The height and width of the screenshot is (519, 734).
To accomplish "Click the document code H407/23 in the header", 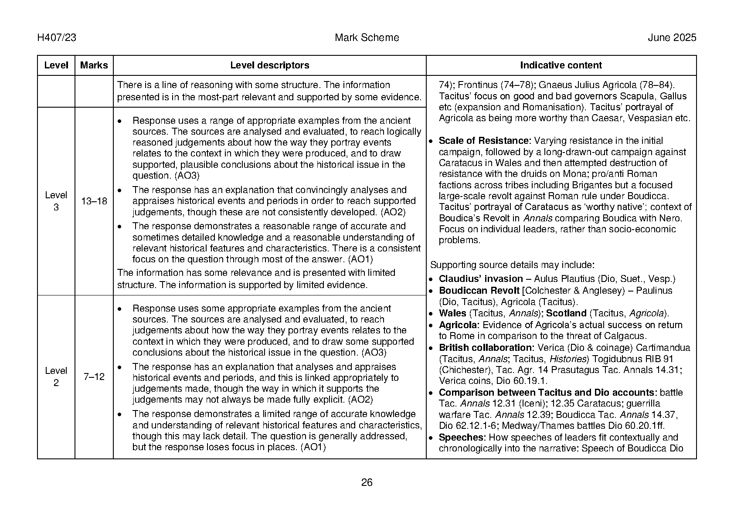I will [x=57, y=38].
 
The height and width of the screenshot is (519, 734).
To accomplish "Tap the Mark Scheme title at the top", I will [x=367, y=38].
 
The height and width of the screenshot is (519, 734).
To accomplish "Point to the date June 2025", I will [x=672, y=38].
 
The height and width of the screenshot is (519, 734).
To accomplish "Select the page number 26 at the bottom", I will [x=367, y=482].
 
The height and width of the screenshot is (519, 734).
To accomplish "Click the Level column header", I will [x=56, y=65].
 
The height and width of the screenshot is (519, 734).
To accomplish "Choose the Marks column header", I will [x=94, y=65].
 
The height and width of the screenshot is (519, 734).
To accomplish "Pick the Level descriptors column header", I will [x=269, y=65].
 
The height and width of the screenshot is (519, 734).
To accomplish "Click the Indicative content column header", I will [x=561, y=65].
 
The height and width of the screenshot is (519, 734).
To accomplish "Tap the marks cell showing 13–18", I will [x=94, y=201].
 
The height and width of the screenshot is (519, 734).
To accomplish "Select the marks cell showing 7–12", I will [x=94, y=377].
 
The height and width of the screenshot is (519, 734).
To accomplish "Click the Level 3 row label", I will [x=56, y=201].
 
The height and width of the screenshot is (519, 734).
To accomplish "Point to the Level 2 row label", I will [x=56, y=377].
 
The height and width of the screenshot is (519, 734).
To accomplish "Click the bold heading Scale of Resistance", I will [x=485, y=141].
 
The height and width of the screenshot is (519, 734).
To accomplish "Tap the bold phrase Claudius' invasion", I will [x=481, y=279].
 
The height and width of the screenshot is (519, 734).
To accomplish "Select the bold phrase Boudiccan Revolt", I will [x=479, y=291].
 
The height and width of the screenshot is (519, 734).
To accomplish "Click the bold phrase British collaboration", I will [x=486, y=348].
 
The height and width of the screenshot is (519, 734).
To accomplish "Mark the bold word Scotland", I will [x=566, y=313].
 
